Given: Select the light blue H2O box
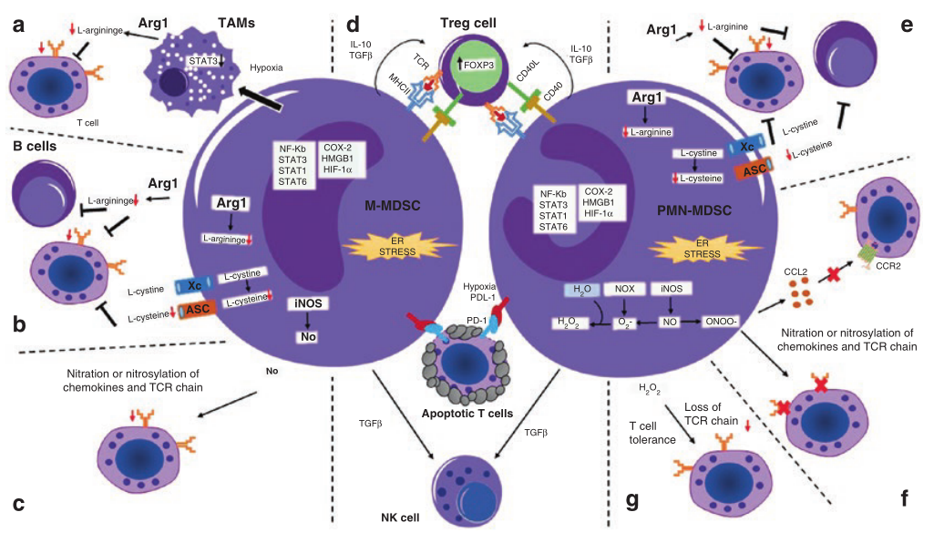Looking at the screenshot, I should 580,289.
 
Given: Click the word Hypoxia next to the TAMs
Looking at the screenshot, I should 266,67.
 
